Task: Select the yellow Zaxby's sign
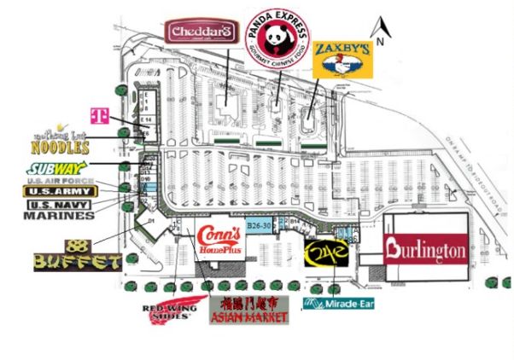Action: [x=342, y=59]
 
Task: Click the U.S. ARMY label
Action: [x=59, y=192]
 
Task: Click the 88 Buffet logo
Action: [x=76, y=256]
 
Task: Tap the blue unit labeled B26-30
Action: [x=258, y=225]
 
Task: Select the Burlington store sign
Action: [x=426, y=250]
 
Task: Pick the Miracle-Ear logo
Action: [x=340, y=304]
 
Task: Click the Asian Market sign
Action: [x=248, y=310]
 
